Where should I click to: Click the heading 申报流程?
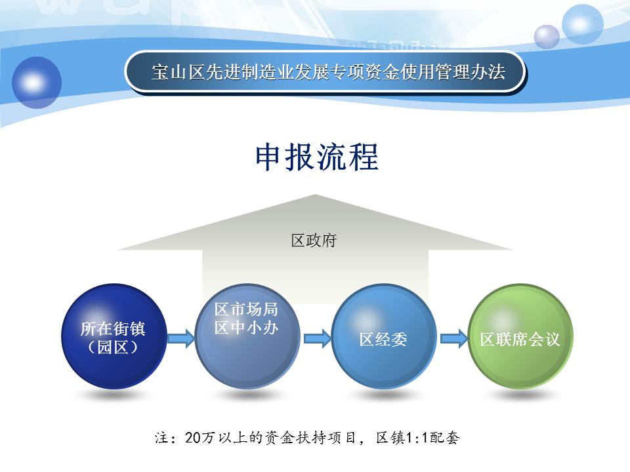coord(316,157)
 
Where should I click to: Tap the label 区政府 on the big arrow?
coord(314,241)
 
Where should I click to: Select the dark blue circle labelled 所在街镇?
coord(114,336)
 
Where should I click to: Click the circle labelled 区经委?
coord(384,336)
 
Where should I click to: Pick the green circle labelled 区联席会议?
coord(520,336)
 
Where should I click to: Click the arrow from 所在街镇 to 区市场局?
coord(181,338)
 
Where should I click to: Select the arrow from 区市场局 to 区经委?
coord(318,338)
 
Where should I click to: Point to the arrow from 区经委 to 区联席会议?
coord(454,338)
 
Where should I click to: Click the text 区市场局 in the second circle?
coord(246,309)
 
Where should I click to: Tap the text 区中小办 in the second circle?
coord(246,328)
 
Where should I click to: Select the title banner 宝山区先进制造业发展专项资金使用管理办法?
coord(325,73)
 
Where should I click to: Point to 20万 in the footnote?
coord(199,437)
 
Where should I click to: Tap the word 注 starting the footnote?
coord(161,437)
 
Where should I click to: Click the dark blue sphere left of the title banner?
coord(37,83)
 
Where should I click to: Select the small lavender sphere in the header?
coord(547,37)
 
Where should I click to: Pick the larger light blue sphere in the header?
coord(582,24)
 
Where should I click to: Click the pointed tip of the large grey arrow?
coord(316,195)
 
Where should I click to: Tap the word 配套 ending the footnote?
coord(444,437)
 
